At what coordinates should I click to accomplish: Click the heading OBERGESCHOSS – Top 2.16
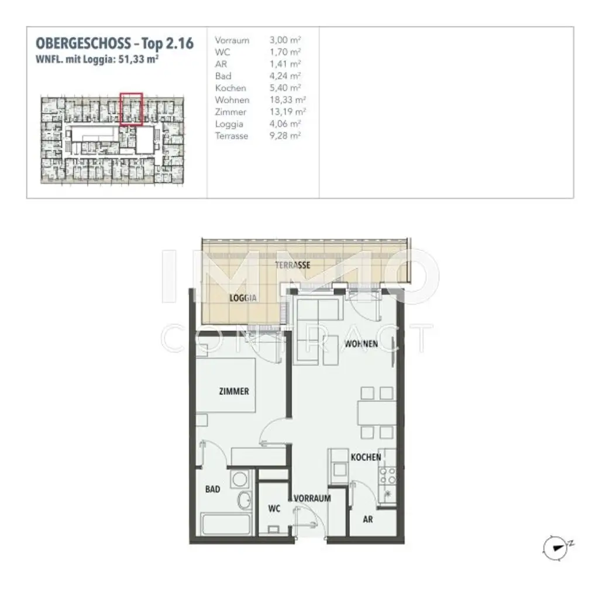[x=115, y=43]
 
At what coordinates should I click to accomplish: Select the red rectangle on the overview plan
[x=131, y=109]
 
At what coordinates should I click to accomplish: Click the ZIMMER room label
[x=235, y=391]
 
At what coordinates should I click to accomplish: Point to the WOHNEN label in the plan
[x=361, y=343]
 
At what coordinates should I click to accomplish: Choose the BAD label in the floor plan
[x=213, y=489]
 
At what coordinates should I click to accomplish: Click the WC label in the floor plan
[x=274, y=509]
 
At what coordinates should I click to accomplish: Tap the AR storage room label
[x=368, y=518]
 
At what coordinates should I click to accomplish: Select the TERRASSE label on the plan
[x=292, y=265]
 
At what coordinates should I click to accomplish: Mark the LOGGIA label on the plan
[x=244, y=297]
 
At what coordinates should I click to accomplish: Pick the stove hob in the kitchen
[x=387, y=479]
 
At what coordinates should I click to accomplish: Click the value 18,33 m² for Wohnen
[x=285, y=100]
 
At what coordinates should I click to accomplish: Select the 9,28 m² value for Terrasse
[x=285, y=136]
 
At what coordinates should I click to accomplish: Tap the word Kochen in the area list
[x=230, y=88]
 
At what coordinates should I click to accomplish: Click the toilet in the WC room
[x=273, y=530]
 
